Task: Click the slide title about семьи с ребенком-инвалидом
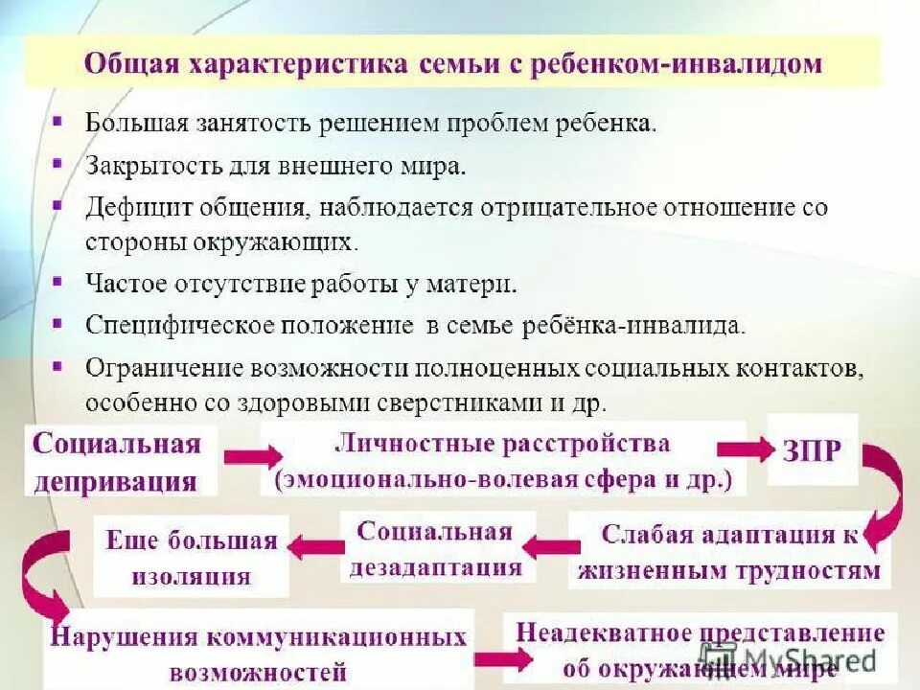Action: click(452, 64)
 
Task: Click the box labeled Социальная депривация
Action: click(118, 462)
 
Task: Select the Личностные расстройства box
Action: click(503, 461)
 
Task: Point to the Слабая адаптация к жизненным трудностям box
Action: click(729, 552)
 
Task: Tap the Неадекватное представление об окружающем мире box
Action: click(700, 649)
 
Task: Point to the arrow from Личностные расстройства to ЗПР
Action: click(746, 448)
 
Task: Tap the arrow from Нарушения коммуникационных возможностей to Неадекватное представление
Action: click(500, 658)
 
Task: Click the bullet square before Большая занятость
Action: click(58, 123)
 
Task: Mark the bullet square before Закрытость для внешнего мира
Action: click(58, 164)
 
